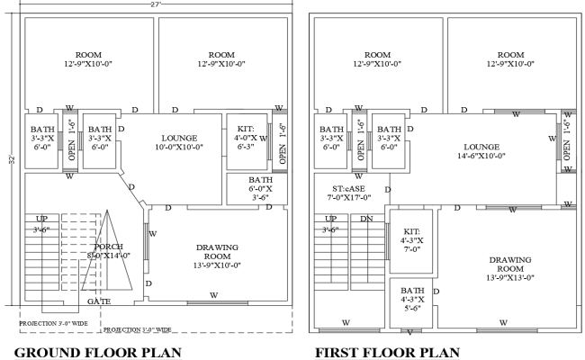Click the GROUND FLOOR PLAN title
pyautogui.click(x=99, y=351)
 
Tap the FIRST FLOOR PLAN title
pyautogui.click(x=388, y=351)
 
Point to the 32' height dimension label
pyautogui.click(x=12, y=160)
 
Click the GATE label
pyautogui.click(x=99, y=301)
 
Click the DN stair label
pyautogui.click(x=366, y=219)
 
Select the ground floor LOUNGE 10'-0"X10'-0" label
pyautogui.click(x=175, y=140)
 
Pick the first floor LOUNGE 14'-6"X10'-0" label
pyautogui.click(x=481, y=150)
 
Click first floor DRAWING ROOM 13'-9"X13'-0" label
pyautogui.click(x=510, y=266)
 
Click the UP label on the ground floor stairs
pyautogui.click(x=41, y=219)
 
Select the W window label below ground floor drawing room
pyautogui.click(x=213, y=294)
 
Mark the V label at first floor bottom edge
pyautogui.click(x=409, y=331)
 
